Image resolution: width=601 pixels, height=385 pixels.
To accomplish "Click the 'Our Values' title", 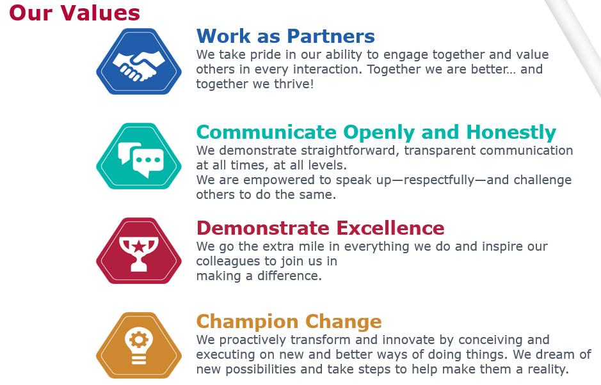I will point(74,12).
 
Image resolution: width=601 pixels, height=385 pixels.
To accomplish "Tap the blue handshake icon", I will point(139,61).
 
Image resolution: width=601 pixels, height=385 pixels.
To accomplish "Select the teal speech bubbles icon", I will point(139,156).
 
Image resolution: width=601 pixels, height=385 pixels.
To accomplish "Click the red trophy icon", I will point(139,251).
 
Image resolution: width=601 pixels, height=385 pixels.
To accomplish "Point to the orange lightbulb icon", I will point(139,345).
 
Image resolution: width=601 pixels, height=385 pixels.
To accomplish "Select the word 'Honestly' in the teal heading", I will point(511,132).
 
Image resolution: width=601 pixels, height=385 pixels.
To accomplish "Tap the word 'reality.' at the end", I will point(547,369).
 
